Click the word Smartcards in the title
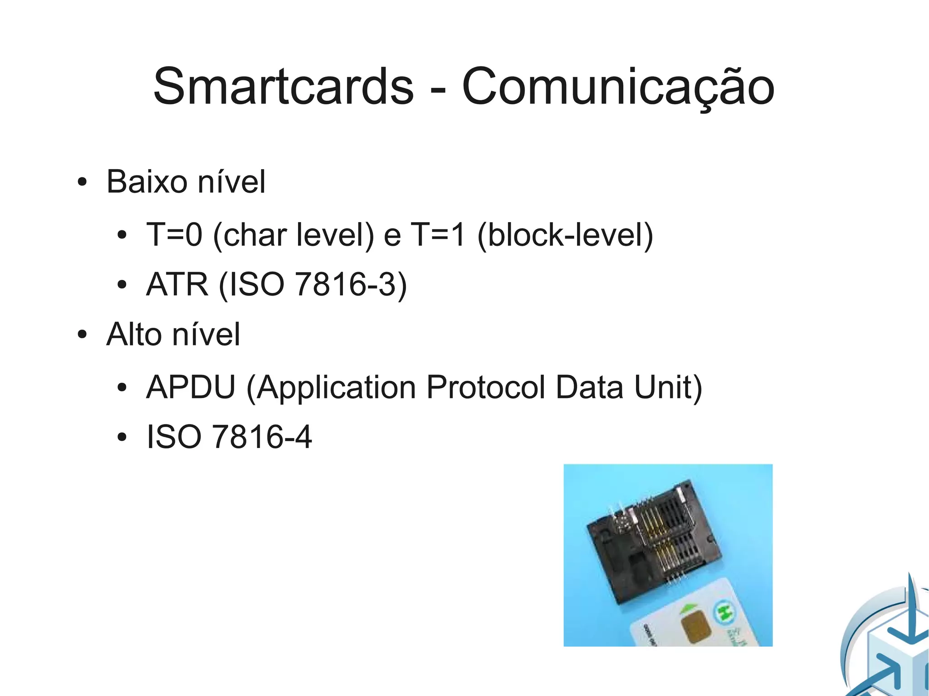click(x=284, y=86)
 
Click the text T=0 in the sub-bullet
click(x=174, y=235)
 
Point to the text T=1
click(x=438, y=235)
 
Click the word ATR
click(x=177, y=285)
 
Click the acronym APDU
click(x=191, y=387)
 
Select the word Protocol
click(x=485, y=387)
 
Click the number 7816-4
click(x=262, y=437)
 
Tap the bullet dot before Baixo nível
click(x=82, y=183)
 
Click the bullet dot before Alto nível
click(x=82, y=336)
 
